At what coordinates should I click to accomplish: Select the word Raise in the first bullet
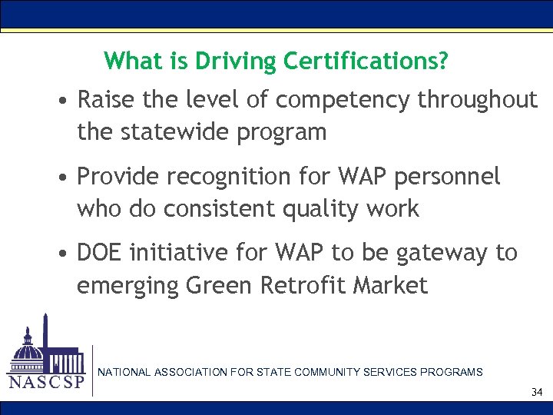click(104, 100)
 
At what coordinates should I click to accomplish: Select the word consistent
click(244, 208)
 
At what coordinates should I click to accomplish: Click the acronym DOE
click(103, 253)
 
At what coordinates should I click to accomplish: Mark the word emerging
click(127, 285)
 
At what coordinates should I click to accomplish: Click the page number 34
click(536, 393)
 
